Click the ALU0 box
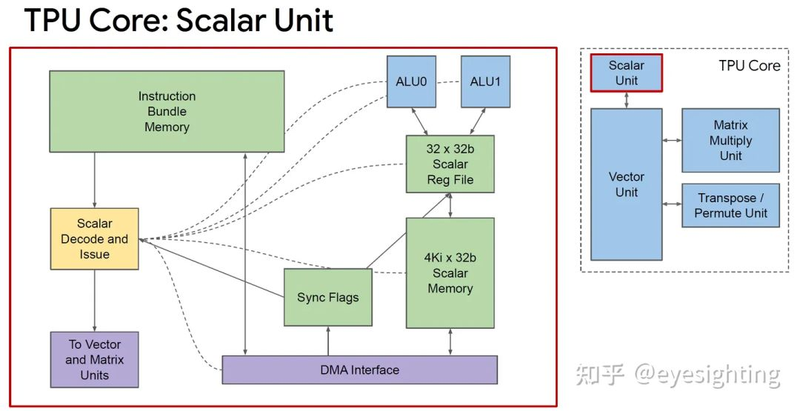[411, 81]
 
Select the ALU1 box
[485, 81]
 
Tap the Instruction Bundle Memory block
[167, 112]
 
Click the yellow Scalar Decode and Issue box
[94, 238]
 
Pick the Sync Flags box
[327, 297]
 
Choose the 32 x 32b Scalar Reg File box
[450, 164]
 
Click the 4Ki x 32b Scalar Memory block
[450, 273]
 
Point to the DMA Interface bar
[359, 370]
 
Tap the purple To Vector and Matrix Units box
[94, 360]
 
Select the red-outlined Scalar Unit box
[626, 73]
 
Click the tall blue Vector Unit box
[626, 184]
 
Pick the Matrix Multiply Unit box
[730, 140]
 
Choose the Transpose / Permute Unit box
[730, 205]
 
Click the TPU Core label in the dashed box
[749, 66]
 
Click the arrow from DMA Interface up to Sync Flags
[327, 341]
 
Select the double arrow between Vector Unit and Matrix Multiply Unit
[672, 140]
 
